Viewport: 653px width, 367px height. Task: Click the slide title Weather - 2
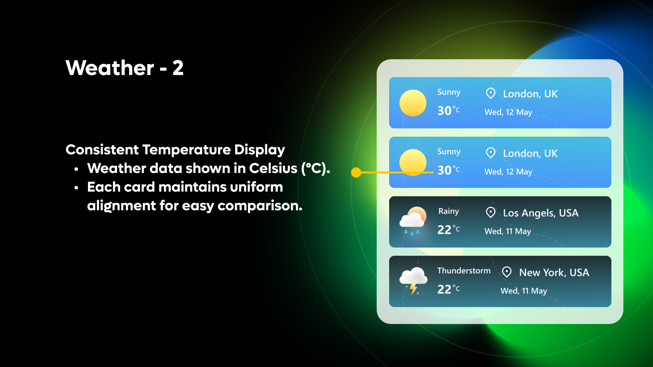(125, 68)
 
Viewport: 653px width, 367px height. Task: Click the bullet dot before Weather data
(76, 169)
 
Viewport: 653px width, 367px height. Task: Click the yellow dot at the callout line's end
(356, 172)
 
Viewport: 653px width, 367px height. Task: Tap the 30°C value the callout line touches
(448, 170)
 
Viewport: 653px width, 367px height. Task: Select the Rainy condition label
(448, 211)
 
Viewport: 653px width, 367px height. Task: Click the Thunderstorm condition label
(464, 270)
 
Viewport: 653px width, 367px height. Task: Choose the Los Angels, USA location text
(541, 213)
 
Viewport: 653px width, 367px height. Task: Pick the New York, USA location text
(554, 272)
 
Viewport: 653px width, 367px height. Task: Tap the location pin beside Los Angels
(490, 213)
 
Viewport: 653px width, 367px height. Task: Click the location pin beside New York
(507, 272)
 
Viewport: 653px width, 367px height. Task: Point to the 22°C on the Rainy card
(448, 230)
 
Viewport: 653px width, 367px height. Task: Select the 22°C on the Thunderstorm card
(448, 289)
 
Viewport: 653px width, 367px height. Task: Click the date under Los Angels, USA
(508, 231)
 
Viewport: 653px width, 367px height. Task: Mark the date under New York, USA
(523, 291)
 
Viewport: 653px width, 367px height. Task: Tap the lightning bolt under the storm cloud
(413, 289)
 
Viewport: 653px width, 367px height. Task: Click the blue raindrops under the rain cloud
(412, 232)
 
